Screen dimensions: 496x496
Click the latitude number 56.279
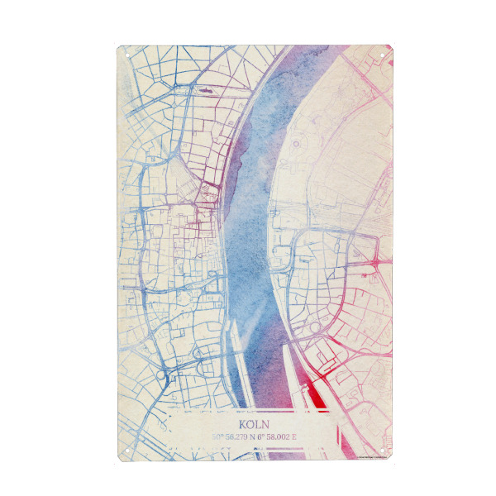(235, 436)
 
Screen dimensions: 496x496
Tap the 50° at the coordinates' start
(217, 436)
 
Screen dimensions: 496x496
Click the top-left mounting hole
(127, 55)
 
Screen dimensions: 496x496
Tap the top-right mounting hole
(381, 55)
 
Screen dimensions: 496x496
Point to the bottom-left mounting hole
(127, 451)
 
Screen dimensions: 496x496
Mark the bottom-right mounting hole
(381, 451)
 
